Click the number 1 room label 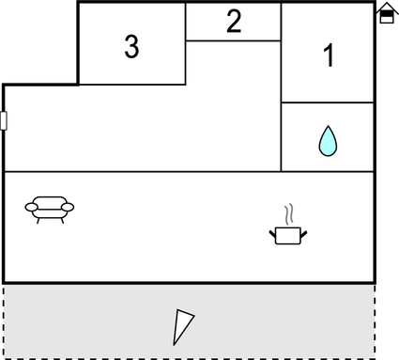click(x=329, y=56)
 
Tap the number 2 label click(x=234, y=23)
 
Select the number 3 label click(x=131, y=46)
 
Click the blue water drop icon click(x=328, y=141)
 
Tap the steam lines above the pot click(x=291, y=212)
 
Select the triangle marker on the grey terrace click(x=183, y=326)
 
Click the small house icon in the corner click(x=386, y=13)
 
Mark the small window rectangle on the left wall click(x=4, y=120)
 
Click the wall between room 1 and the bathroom click(x=328, y=102)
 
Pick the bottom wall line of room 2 click(x=234, y=40)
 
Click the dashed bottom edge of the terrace click(x=188, y=357)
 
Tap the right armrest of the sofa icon click(x=69, y=207)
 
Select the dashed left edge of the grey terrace click(x=4, y=320)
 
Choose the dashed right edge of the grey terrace click(x=375, y=320)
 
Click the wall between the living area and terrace click(x=188, y=282)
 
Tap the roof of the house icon click(x=386, y=8)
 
